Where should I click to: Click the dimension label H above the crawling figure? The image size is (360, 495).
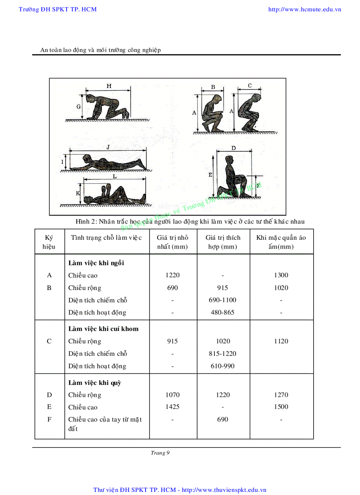coord(109,86)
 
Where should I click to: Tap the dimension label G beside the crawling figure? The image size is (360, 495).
coord(79,107)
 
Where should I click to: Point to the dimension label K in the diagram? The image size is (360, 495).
coord(78,193)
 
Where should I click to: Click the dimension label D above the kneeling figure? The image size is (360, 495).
coord(233,148)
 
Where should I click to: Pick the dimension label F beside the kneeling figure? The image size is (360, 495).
coord(258,186)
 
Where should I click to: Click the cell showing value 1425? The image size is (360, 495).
coord(172,407)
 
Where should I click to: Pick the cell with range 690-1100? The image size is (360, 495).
coord(222,300)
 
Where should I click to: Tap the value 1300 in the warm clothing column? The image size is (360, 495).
coord(281,275)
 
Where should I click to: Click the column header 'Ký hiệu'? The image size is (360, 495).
coord(49,242)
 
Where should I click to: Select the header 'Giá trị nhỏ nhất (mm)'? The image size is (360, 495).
coord(172,242)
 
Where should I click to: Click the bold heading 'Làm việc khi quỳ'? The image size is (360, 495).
coord(94,383)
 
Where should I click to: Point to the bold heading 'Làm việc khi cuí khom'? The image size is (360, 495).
coord(103,329)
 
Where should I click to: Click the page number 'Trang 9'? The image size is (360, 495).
coord(160,453)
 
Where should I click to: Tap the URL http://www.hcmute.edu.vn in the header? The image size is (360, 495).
coord(304,9)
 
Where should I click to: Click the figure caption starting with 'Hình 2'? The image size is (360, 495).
coord(190,221)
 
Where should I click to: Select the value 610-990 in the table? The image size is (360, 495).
coord(222,366)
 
